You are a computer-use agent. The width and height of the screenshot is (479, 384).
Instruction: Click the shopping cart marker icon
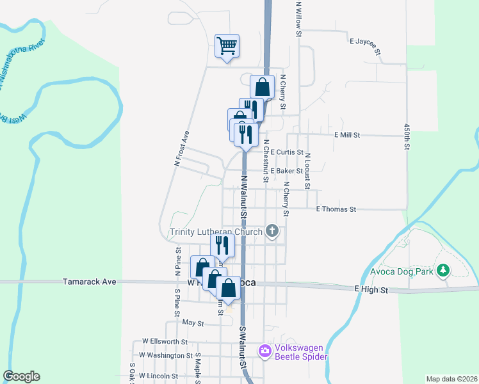click(227, 46)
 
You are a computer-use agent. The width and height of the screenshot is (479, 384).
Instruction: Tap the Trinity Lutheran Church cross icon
click(272, 231)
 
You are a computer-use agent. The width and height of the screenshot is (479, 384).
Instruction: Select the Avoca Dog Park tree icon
click(442, 271)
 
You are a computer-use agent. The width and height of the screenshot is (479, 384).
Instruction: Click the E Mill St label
click(348, 135)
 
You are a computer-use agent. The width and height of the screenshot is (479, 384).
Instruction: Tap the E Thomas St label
click(336, 209)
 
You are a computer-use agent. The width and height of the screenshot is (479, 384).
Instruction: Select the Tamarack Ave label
click(89, 281)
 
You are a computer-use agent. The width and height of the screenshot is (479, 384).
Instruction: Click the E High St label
click(371, 290)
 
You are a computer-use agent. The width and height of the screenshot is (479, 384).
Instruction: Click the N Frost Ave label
click(183, 149)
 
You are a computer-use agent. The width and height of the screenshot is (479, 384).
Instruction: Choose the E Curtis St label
click(286, 152)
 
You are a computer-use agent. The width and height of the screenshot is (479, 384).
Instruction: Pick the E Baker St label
click(286, 172)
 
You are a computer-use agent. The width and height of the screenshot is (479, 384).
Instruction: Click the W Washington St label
click(166, 355)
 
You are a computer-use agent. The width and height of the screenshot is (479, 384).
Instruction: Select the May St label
click(193, 324)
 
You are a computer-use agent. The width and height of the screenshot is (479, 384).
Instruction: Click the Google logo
click(21, 376)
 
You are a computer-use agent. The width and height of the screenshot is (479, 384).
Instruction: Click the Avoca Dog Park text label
click(402, 271)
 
